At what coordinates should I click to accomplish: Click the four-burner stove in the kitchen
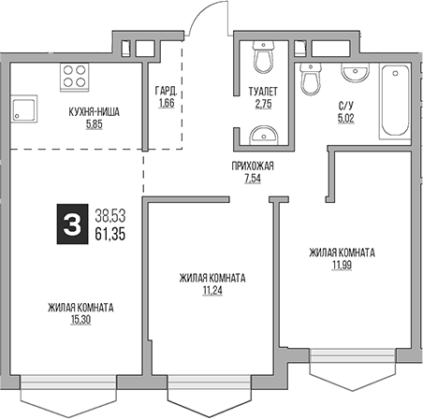point(74,76)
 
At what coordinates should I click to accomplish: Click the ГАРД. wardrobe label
point(166,91)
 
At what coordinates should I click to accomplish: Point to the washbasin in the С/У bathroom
point(353,74)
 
